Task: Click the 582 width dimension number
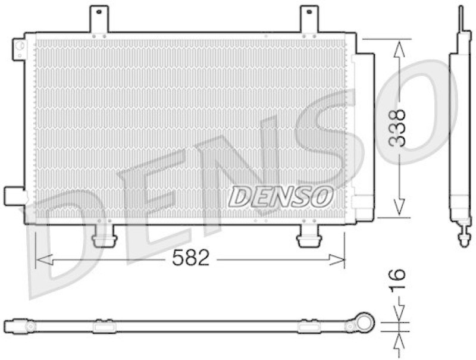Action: (x=190, y=258)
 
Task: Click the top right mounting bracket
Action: (x=309, y=19)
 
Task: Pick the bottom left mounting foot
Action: (x=105, y=236)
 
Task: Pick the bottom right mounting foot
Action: (x=308, y=236)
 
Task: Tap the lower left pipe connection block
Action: (x=14, y=196)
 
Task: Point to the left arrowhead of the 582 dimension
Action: (x=42, y=259)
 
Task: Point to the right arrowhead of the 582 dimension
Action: (x=339, y=259)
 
